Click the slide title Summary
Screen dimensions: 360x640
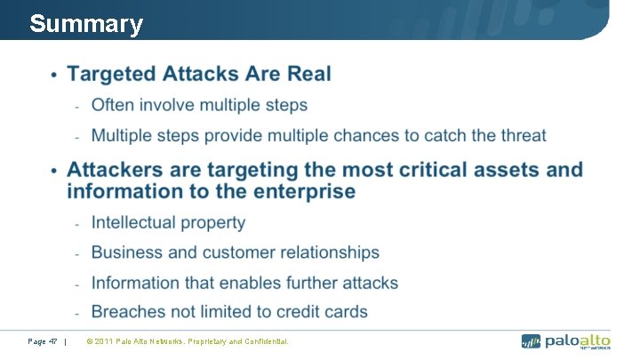[85, 24]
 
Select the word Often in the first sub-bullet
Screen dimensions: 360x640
[113, 105]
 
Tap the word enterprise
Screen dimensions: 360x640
[300, 191]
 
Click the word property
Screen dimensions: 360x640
[214, 222]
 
